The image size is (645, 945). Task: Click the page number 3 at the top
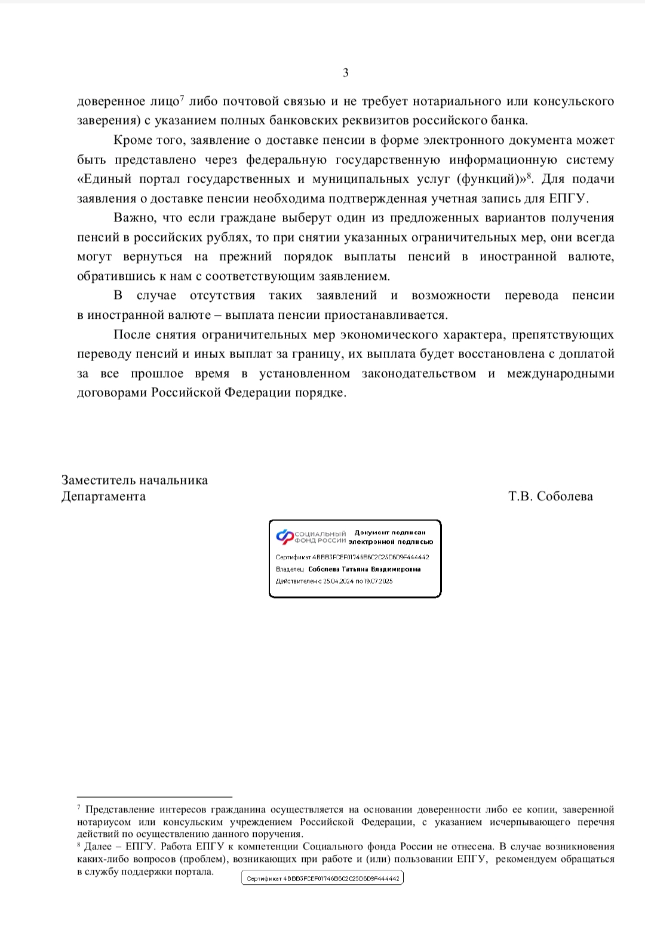[346, 73]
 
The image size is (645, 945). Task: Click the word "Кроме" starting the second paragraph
[131, 141]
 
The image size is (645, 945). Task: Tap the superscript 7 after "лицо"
[182, 97]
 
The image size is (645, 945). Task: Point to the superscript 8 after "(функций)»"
[529, 176]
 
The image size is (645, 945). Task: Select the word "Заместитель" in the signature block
[98, 481]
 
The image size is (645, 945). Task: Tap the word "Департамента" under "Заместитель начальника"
[103, 497]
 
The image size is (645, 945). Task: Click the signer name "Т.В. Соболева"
[551, 497]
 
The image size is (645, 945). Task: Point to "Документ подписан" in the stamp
[390, 532]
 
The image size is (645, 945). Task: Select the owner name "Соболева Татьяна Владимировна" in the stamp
[364, 570]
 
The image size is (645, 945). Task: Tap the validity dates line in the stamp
[334, 581]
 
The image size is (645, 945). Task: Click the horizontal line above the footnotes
[155, 796]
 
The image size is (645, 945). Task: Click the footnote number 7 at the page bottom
[79, 808]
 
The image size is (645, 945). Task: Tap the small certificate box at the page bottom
[322, 879]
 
